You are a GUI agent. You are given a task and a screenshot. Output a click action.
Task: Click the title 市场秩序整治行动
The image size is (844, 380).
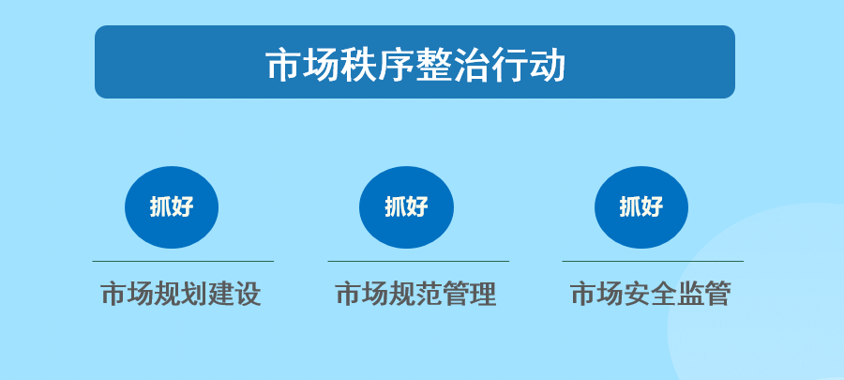[x=415, y=66]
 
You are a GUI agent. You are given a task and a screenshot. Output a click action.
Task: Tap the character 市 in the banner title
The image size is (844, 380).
[x=283, y=66]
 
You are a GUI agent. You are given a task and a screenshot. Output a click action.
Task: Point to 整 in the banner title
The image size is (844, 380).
[x=434, y=66]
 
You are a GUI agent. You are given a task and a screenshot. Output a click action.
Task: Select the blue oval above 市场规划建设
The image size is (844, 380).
[x=172, y=207]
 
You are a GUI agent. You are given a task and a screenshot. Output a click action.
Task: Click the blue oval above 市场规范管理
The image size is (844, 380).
[x=406, y=207]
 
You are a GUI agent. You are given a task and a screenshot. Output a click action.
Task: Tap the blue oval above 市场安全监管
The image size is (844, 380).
[x=641, y=207]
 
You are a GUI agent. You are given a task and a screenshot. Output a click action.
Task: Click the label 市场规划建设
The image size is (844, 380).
[x=181, y=294]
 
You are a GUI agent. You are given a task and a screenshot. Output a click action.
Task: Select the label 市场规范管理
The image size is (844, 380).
[x=416, y=294]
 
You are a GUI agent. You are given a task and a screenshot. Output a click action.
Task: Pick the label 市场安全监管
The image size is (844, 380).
[x=651, y=294]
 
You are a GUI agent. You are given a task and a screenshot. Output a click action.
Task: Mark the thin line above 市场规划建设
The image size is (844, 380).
[x=183, y=261]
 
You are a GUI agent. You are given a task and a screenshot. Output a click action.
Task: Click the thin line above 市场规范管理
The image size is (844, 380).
[x=418, y=261]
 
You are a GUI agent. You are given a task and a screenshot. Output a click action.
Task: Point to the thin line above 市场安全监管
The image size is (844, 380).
[x=653, y=261]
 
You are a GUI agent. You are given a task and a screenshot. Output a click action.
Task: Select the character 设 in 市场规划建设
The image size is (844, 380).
[x=249, y=294]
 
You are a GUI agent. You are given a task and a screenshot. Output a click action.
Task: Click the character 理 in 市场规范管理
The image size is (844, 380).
[x=483, y=294]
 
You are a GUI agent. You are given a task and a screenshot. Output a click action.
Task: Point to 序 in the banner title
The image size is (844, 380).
[x=396, y=66]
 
